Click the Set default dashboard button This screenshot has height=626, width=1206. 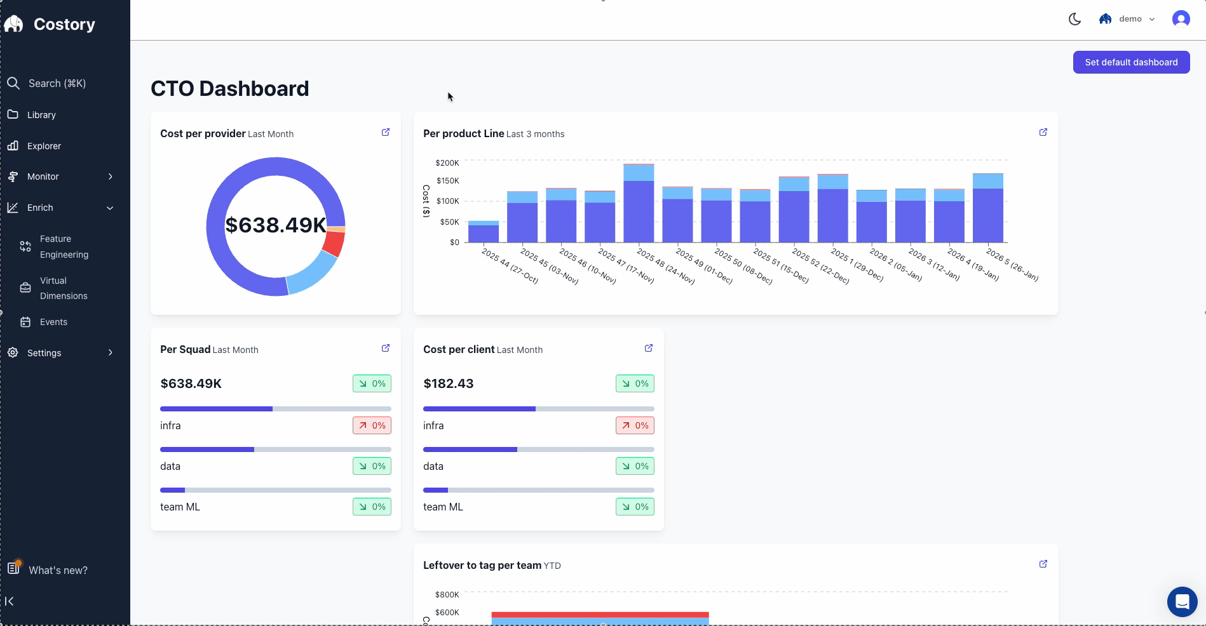(1131, 62)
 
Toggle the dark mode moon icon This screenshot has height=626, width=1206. (1074, 19)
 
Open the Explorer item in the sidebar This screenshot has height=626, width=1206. (44, 146)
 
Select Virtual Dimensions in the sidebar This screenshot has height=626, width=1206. (63, 288)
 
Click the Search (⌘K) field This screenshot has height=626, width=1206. (57, 83)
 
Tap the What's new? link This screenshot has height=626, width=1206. (57, 570)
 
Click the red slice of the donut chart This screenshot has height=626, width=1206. (333, 243)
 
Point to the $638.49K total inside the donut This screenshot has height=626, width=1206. (275, 225)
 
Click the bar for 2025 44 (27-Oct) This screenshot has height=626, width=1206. (484, 233)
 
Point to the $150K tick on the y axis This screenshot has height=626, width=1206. (447, 181)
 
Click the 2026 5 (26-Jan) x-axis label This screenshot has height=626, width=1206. (1012, 265)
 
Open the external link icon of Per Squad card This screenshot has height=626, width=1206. (385, 349)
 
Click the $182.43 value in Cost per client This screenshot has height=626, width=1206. (448, 383)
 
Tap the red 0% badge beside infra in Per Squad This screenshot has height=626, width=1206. (372, 425)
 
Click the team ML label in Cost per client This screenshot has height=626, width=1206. (443, 507)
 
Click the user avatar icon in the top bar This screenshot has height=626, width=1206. (1181, 19)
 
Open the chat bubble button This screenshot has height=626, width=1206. (1182, 601)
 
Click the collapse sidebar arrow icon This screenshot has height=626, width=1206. (10, 601)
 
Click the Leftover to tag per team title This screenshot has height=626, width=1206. (482, 565)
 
